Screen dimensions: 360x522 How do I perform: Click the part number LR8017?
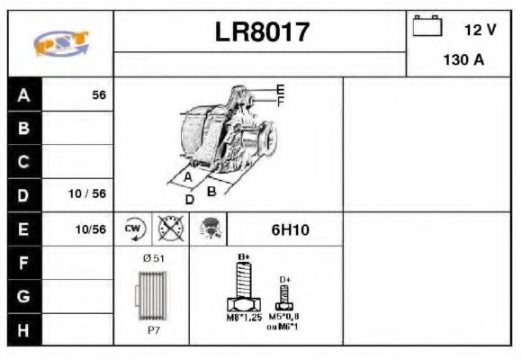pos(262,32)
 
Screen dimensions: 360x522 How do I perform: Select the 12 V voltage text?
pos(480,30)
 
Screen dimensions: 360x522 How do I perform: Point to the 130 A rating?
pos(463,60)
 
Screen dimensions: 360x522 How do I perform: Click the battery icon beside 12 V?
pos(426,27)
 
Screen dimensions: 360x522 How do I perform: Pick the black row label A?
pos(23,94)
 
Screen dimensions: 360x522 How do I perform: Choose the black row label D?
pos(23,194)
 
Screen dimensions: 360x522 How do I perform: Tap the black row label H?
pos(23,328)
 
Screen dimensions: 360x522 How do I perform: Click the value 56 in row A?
pos(99,94)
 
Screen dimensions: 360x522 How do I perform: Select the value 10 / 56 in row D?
pos(88,194)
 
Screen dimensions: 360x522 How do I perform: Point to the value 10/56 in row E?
pos(90,229)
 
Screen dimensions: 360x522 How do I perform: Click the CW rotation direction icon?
pos(134,229)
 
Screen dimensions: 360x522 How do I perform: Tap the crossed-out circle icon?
pos(168,229)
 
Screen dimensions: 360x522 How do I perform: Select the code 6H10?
pos(290,229)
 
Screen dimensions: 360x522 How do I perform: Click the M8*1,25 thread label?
pos(242,318)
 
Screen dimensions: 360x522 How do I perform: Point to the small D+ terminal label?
pos(285,280)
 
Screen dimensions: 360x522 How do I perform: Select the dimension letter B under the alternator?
pos(211,191)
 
